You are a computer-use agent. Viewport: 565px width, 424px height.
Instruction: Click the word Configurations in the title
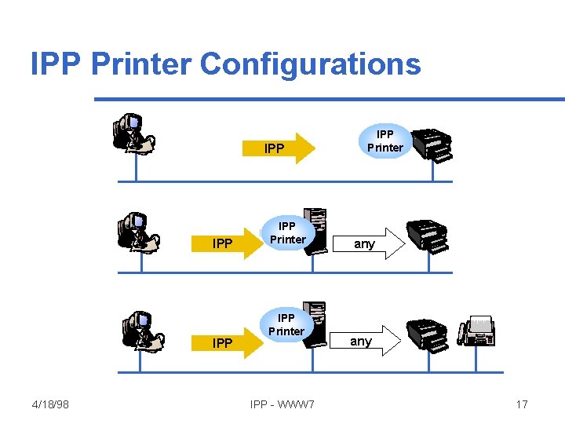[311, 64]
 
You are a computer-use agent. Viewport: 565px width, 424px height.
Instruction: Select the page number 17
[522, 404]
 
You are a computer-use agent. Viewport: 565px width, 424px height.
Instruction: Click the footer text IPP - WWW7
[282, 404]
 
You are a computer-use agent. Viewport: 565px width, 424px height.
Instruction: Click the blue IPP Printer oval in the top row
[385, 141]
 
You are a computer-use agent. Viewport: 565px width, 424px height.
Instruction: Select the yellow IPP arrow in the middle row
[232, 243]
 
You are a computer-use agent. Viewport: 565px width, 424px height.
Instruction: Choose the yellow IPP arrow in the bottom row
[232, 342]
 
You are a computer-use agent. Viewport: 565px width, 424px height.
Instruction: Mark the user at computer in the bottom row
[141, 331]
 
